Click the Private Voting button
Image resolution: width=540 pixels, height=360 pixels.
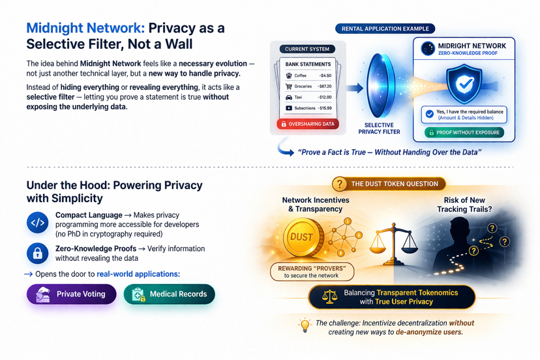tap(71, 294)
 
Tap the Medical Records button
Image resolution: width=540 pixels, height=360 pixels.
tap(169, 294)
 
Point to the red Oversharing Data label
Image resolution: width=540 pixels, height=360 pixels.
tap(308, 124)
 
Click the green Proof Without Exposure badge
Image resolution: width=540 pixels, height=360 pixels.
tap(464, 132)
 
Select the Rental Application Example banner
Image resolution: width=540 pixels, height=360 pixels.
tap(385, 29)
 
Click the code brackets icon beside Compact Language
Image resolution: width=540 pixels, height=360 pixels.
tap(38, 222)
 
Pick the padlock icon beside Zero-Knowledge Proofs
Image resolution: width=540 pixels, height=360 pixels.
tap(38, 253)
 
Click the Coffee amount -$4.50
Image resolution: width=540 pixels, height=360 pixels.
tap(324, 76)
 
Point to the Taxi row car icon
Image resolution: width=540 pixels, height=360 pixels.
tap(289, 97)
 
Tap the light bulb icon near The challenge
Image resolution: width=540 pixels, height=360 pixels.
tap(304, 325)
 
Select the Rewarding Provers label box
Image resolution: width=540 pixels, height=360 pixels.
tap(312, 271)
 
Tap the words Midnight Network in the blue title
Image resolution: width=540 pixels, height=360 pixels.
tap(84, 29)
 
